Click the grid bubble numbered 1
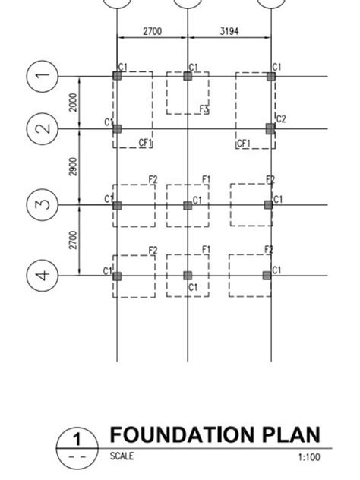pos(43,76)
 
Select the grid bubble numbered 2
pos(43,129)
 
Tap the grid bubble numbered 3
pos(43,205)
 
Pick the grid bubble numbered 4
pos(43,275)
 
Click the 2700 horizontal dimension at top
pos(152,32)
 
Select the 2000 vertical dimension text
pos(73,103)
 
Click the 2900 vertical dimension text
pos(73,167)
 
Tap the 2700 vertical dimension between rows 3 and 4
pos(73,240)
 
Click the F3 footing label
pos(204,110)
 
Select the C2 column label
pos(281,119)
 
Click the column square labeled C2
pos(270,129)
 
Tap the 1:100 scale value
pos(310,457)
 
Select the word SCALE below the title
pos(122,456)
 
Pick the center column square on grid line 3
pos(188,205)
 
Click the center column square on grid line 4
pos(188,275)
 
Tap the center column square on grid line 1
pos(188,76)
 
